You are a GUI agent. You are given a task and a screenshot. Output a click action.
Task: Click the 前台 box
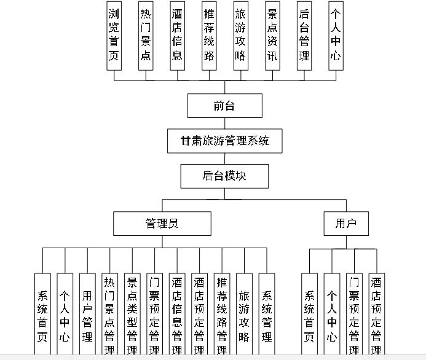point(224,106)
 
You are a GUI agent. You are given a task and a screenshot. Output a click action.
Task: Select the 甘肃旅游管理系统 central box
point(224,141)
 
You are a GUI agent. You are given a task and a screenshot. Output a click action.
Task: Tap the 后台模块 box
point(224,176)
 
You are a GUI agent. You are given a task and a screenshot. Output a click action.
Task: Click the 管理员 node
point(162,224)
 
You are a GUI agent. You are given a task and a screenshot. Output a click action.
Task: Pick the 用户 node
point(346,224)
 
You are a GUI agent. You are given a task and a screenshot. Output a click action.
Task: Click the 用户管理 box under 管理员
point(87,314)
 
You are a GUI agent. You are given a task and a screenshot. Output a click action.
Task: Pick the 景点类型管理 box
point(132,314)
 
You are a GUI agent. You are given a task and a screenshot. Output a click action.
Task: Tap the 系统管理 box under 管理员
point(267,314)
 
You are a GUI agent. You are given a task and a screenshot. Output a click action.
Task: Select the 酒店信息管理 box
point(177,314)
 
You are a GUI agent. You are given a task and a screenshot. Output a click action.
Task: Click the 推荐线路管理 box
point(222,314)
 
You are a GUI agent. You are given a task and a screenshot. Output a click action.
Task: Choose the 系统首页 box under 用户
point(309,314)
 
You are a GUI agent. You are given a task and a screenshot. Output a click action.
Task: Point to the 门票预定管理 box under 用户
point(354,314)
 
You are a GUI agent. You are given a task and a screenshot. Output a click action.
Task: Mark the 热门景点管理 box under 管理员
point(109,314)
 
